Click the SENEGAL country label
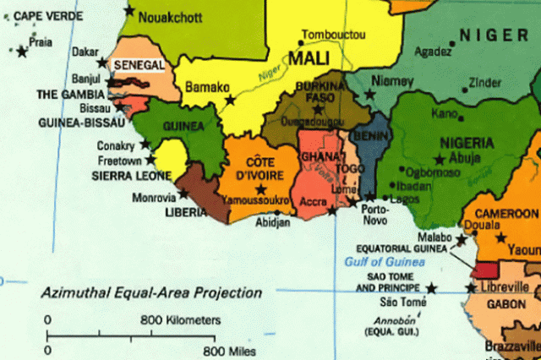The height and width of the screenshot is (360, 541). [140, 64]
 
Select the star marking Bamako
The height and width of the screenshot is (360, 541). [230, 100]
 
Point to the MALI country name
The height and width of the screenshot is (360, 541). [309, 58]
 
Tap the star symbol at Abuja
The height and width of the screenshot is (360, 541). [439, 159]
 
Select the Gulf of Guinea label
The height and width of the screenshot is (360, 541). [379, 263]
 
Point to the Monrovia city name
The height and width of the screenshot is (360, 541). [154, 198]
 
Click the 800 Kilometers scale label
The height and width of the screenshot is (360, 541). [180, 320]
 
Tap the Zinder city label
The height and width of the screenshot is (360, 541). [484, 83]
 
